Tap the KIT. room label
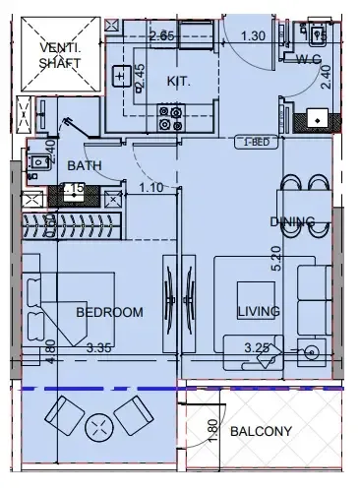(177, 81)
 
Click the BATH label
(85, 165)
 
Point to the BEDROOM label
(109, 312)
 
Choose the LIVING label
(259, 311)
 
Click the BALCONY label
(261, 431)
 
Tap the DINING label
(292, 221)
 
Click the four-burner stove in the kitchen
(169, 119)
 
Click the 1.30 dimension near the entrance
(253, 36)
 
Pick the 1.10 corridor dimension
(150, 187)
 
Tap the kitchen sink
(121, 76)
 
